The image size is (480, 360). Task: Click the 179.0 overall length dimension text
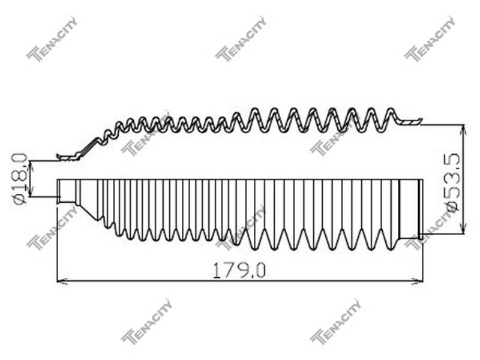click(x=239, y=270)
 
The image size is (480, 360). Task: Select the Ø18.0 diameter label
click(x=20, y=178)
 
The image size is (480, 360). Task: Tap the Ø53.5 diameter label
click(x=453, y=182)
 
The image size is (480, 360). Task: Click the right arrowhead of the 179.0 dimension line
click(x=418, y=281)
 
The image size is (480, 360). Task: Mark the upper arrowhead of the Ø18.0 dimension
click(x=30, y=166)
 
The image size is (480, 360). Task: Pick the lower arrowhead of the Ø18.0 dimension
click(x=30, y=191)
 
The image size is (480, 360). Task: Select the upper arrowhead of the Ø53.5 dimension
click(x=464, y=130)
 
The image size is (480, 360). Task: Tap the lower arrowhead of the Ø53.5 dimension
click(x=464, y=229)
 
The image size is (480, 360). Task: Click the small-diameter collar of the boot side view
click(x=67, y=191)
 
